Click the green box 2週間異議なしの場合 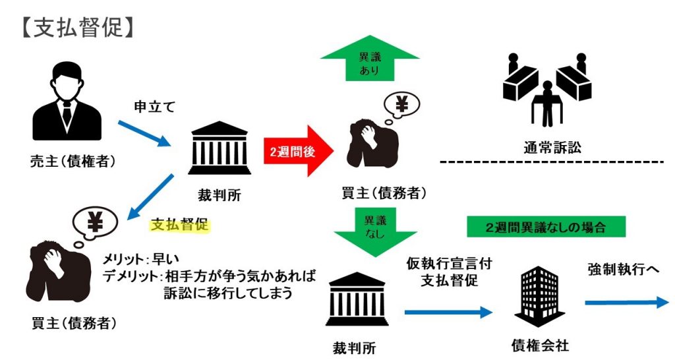point(546,227)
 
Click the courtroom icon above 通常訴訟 point(544,91)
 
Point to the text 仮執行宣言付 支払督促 point(440,272)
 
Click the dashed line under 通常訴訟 point(550,162)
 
